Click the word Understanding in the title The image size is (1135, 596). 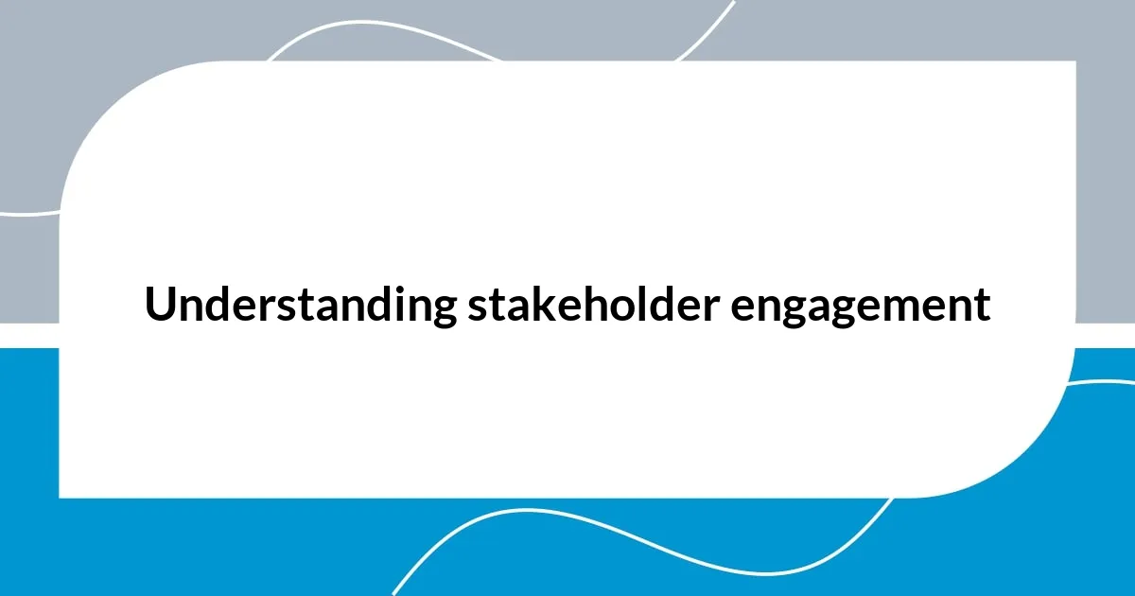click(300, 306)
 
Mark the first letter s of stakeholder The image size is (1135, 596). click(475, 309)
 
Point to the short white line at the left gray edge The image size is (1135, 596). click(28, 212)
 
